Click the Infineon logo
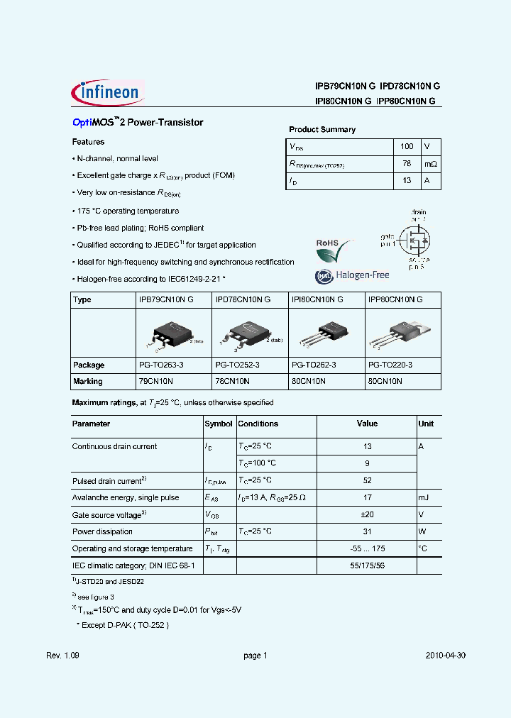[108, 92]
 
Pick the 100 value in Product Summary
[407, 146]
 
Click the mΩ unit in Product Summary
[431, 164]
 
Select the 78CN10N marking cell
[231, 381]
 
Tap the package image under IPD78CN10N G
[247, 333]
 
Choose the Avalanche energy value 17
[367, 497]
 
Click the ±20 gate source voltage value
[367, 514]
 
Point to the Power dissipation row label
[102, 531]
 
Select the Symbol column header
[219, 424]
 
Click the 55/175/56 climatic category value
[367, 565]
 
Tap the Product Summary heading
[322, 130]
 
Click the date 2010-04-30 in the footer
[446, 656]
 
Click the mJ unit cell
[425, 497]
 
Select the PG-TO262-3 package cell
[314, 365]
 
